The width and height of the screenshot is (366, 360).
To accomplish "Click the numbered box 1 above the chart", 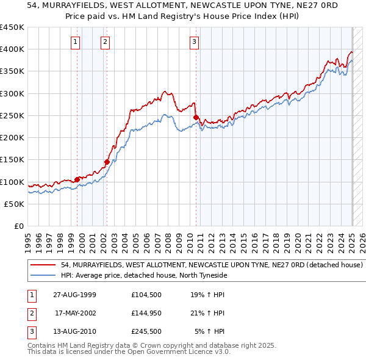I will pyautogui.click(x=74, y=42).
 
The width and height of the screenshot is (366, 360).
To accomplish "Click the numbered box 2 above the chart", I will pyautogui.click(x=105, y=42).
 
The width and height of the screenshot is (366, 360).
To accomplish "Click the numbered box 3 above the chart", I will pyautogui.click(x=194, y=42).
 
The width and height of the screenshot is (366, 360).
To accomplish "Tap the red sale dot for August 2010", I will pyautogui.click(x=196, y=117).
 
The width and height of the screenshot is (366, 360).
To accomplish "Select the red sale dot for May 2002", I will pyautogui.click(x=107, y=162).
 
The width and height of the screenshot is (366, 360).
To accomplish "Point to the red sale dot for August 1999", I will pyautogui.click(x=77, y=179).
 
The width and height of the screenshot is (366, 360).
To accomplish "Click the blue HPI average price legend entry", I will pyautogui.click(x=144, y=275).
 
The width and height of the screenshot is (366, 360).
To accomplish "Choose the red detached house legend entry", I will pyautogui.click(x=212, y=265).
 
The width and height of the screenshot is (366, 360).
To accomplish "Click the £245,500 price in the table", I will pyautogui.click(x=146, y=333).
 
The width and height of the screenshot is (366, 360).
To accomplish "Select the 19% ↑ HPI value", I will pyautogui.click(x=207, y=295).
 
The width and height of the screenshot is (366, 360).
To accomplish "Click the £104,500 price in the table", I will pyautogui.click(x=146, y=295).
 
